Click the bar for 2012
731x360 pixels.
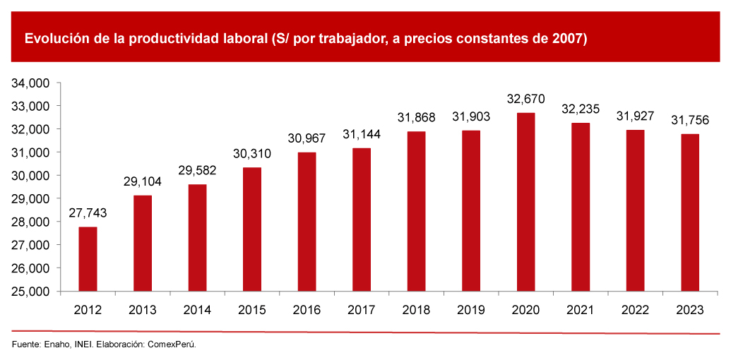pyautogui.click(x=88, y=259)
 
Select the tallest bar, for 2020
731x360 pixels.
pyautogui.click(x=525, y=202)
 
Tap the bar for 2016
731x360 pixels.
pyautogui.click(x=307, y=222)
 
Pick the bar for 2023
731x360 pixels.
pyautogui.click(x=689, y=212)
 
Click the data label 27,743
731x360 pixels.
pyautogui.click(x=88, y=213)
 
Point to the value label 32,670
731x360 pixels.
pyautogui.click(x=525, y=100)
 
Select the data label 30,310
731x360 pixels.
pyautogui.click(x=251, y=154)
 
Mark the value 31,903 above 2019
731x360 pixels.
pyautogui.click(x=470, y=117)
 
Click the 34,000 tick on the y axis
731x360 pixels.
pyautogui.click(x=30, y=83)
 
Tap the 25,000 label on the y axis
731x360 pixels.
pyautogui.click(x=30, y=292)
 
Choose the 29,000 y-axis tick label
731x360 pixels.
pyautogui.click(x=30, y=199)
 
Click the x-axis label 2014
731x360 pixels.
pyautogui.click(x=197, y=310)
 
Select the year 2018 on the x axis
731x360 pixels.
pyautogui.click(x=416, y=310)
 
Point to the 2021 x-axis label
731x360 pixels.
pyautogui.click(x=580, y=310)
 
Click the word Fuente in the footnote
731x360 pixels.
pyautogui.click(x=25, y=344)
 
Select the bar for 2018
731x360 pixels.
pyautogui.click(x=416, y=212)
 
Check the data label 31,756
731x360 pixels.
pyautogui.click(x=689, y=120)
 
